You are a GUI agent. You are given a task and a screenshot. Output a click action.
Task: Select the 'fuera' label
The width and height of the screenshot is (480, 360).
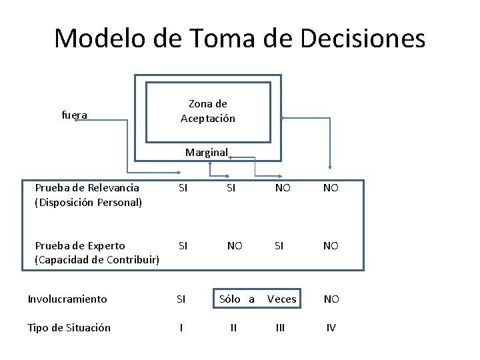pos(74,115)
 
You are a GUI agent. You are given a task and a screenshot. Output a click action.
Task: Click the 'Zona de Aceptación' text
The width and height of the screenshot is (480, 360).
pos(208,111)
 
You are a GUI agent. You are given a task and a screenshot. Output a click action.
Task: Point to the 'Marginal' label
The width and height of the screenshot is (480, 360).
pos(206,152)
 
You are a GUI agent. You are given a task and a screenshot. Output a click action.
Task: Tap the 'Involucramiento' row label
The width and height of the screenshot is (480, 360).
pos(67,299)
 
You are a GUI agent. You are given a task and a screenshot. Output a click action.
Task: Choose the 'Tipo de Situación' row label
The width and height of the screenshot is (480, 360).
pos(69,327)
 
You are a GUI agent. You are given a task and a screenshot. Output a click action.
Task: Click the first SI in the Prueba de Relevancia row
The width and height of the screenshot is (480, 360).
pos(182,188)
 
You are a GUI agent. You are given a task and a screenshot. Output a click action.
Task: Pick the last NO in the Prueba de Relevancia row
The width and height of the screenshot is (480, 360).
pos(331,188)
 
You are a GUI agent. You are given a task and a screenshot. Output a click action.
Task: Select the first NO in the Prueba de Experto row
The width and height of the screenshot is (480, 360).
pos(235,245)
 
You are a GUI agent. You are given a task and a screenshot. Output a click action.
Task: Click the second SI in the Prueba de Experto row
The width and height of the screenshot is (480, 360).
pos(279,245)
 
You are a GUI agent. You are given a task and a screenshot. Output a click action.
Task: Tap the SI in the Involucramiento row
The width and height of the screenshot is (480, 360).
pos(181,299)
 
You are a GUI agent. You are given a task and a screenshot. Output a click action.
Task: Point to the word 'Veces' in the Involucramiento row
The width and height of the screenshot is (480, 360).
pos(281,299)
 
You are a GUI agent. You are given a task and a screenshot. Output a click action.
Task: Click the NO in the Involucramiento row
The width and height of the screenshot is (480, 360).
pos(331,299)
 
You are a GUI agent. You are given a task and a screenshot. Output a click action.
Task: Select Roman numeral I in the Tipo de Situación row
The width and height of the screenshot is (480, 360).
pos(181,327)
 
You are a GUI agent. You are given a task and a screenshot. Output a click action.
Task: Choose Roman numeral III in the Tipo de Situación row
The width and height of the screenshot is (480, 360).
pos(280,327)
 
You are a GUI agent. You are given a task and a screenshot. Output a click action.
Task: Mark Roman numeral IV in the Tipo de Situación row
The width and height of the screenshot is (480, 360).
pos(331,327)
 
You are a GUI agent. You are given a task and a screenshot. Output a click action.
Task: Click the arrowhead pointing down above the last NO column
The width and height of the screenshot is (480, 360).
pos(329,167)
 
